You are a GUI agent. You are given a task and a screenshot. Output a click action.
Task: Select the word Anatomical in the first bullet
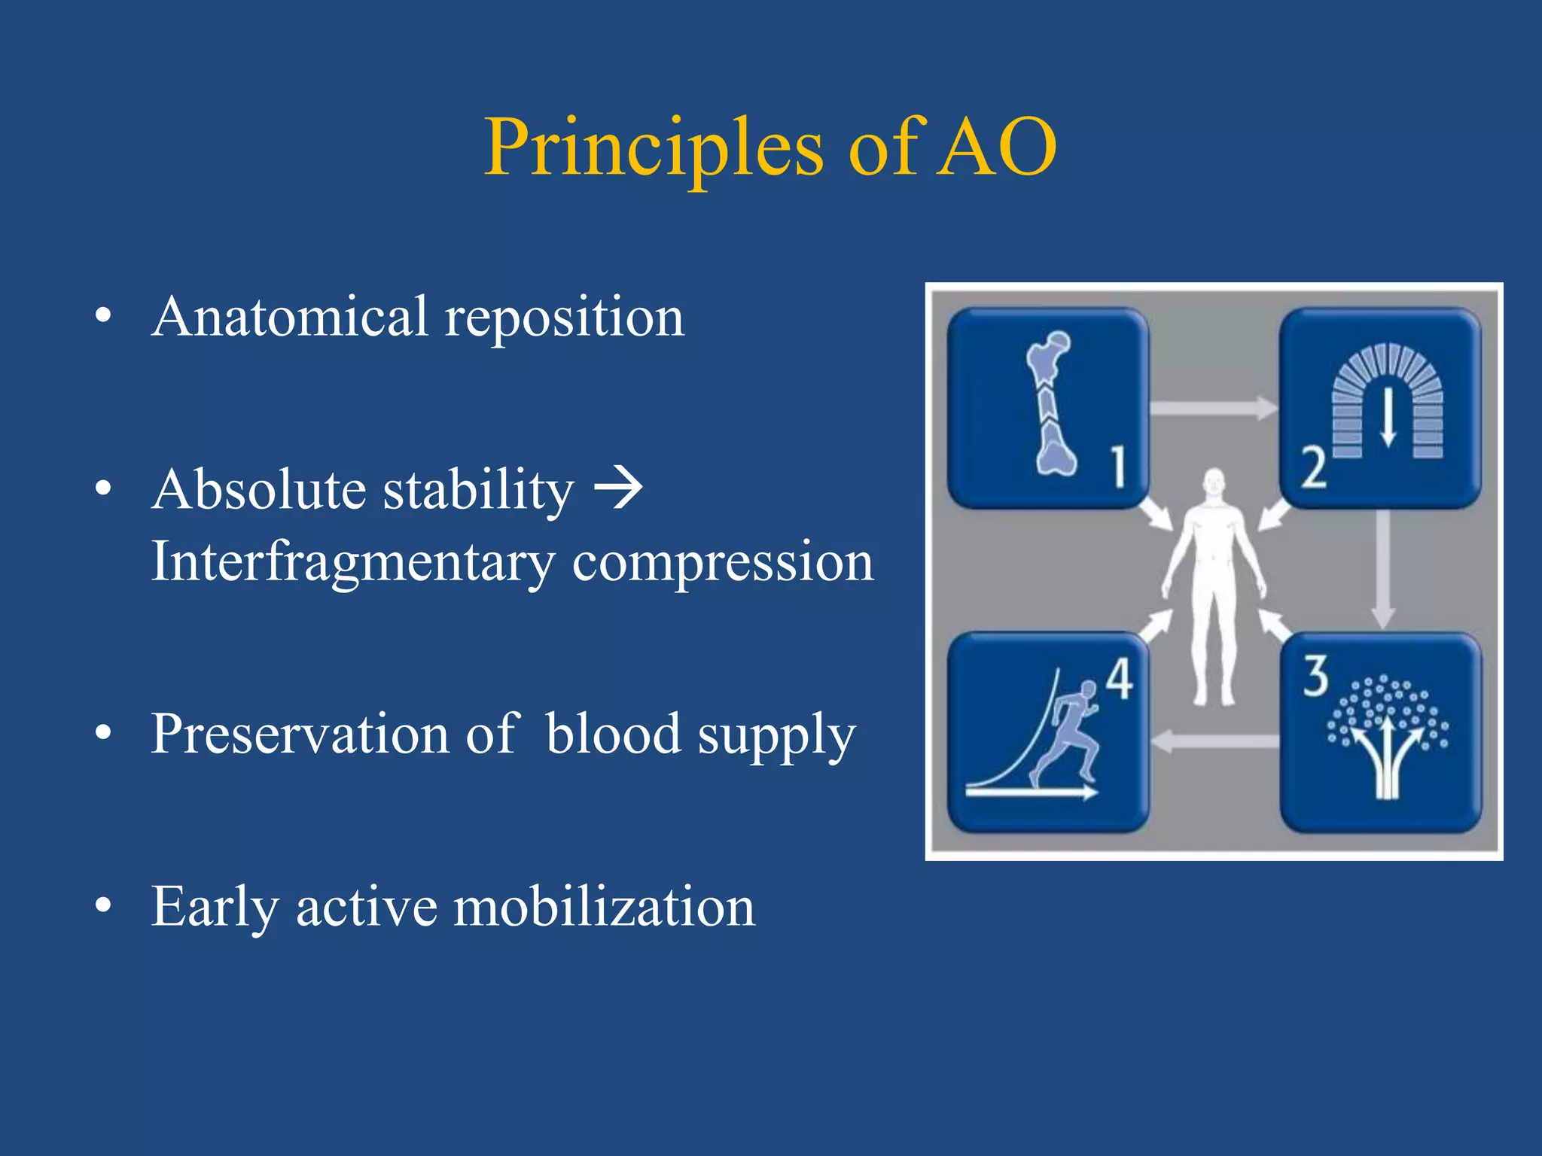coord(290,317)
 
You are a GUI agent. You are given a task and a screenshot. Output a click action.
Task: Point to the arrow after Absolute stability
coord(618,488)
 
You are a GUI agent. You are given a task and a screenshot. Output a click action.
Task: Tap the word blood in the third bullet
coord(613,733)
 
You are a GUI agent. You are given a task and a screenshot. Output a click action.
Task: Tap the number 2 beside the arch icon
coord(1314,467)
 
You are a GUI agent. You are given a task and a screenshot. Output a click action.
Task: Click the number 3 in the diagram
coord(1315,675)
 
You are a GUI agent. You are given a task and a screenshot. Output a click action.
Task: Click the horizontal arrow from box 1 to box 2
coord(1213,408)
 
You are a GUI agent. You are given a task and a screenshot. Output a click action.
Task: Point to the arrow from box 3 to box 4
coord(1214,741)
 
